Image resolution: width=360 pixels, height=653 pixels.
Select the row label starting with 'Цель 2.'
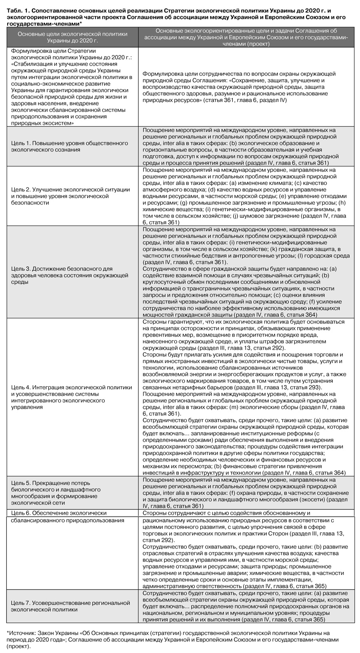click(x=70, y=196)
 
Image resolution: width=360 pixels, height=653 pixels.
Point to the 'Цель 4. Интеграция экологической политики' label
click(x=71, y=397)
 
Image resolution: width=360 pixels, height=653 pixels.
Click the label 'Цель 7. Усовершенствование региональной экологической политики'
click(x=70, y=606)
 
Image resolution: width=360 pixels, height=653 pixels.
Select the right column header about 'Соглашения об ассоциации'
click(x=246, y=37)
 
